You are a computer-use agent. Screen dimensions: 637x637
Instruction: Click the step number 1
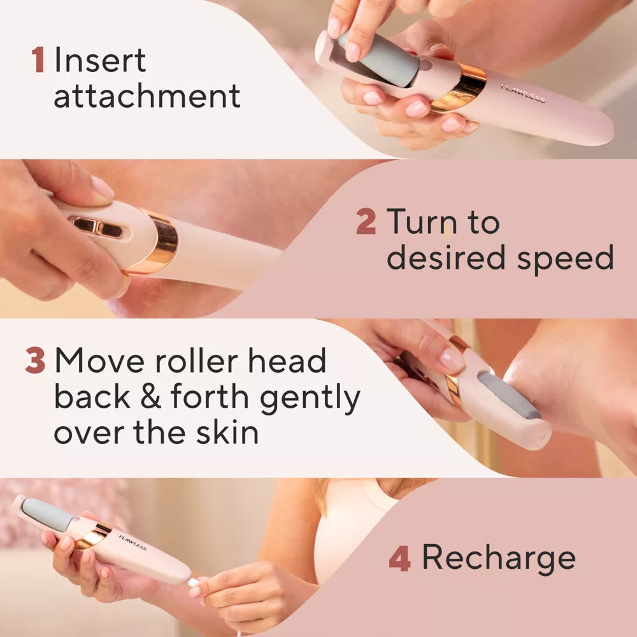(38, 61)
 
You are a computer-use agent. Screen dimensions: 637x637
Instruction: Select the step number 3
(35, 361)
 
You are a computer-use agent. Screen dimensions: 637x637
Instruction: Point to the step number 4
(399, 558)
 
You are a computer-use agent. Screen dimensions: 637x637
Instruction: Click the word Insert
(100, 61)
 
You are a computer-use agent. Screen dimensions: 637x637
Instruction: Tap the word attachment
(147, 96)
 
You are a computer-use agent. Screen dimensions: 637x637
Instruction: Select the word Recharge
(498, 558)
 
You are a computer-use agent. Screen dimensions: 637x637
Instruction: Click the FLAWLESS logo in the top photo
(522, 93)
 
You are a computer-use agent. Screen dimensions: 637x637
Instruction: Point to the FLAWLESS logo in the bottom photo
(132, 542)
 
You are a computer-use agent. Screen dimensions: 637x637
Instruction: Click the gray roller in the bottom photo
(47, 514)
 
